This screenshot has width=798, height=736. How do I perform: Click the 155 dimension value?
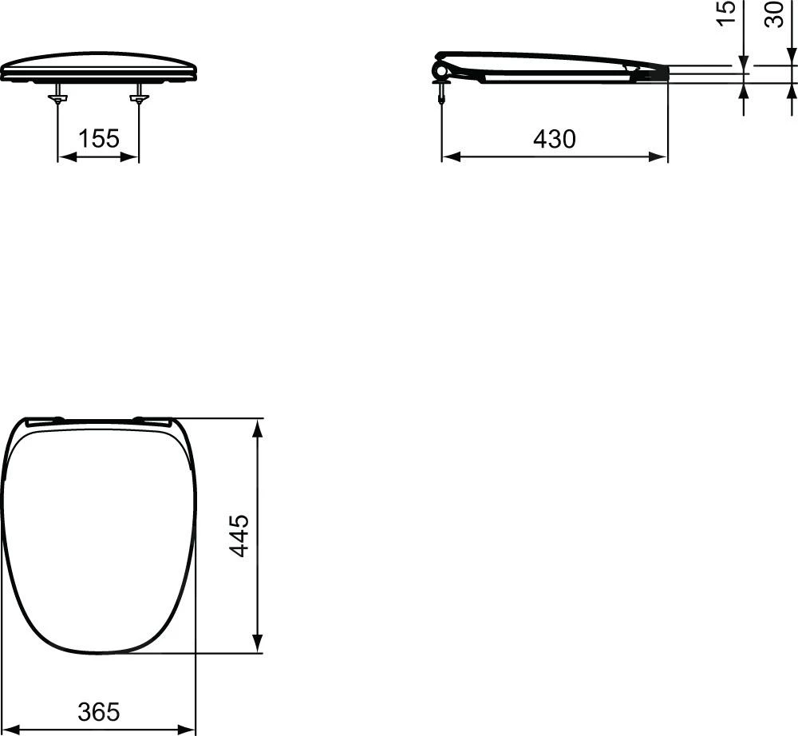point(98,139)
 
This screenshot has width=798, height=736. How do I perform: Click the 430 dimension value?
point(554,139)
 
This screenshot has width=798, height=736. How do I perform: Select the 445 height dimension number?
point(239,535)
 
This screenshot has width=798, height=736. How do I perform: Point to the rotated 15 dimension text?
point(726,13)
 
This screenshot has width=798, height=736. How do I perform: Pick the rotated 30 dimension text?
point(774,13)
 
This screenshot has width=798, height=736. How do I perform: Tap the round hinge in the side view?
point(440,71)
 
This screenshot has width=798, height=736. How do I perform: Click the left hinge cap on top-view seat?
point(45,421)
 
